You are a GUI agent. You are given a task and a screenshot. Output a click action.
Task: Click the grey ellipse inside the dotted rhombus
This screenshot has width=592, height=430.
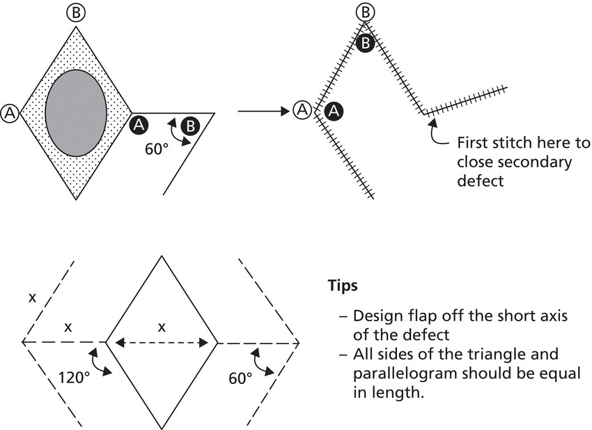[76, 113]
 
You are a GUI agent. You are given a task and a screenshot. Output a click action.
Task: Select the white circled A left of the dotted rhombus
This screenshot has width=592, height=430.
[10, 112]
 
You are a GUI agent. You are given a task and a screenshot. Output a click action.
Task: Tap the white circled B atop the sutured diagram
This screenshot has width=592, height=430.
[365, 12]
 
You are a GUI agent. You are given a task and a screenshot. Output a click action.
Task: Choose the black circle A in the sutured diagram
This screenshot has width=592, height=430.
[334, 110]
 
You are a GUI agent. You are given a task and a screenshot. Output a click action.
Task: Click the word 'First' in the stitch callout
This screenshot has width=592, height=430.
[474, 144]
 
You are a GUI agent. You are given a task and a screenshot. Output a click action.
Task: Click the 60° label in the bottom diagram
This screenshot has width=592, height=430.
[240, 378]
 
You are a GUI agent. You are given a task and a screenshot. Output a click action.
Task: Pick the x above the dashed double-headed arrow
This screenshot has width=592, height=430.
[162, 327]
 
